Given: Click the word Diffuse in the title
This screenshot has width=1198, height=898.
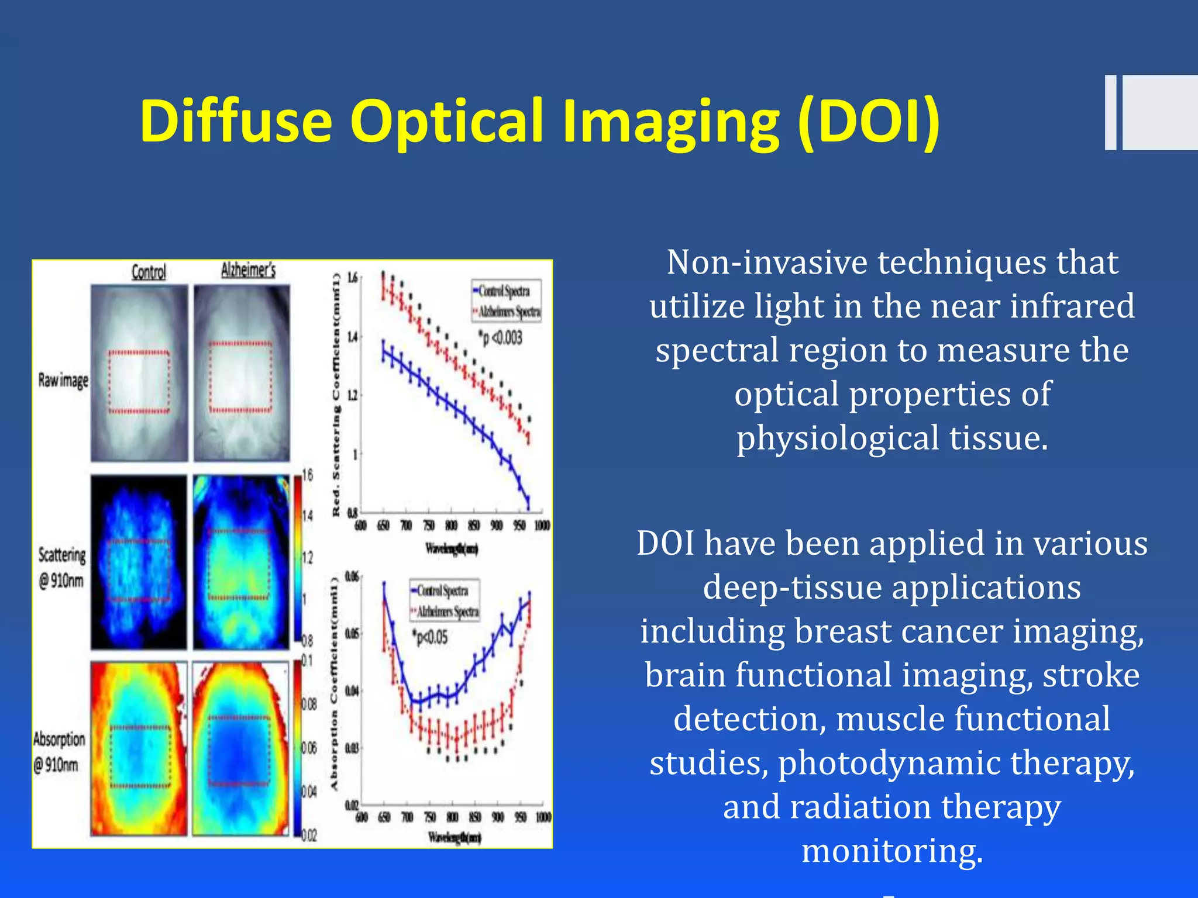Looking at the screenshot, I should click(x=236, y=121).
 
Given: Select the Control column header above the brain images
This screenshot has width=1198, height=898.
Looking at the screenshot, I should click(x=149, y=272).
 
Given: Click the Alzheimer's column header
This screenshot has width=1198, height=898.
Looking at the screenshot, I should click(x=248, y=270).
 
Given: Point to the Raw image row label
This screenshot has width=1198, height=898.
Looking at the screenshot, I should click(x=63, y=380).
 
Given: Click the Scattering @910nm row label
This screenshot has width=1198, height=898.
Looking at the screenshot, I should click(x=61, y=567).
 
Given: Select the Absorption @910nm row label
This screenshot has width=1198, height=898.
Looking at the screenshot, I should click(x=58, y=751).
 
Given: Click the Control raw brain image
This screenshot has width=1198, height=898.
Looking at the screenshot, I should click(x=139, y=373).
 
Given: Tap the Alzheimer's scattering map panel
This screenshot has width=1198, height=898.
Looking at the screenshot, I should click(x=241, y=562).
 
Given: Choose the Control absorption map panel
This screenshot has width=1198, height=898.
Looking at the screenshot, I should click(x=139, y=748).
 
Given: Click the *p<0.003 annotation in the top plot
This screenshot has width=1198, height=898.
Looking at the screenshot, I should click(x=500, y=338).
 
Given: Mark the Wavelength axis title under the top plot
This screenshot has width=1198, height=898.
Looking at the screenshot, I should click(x=452, y=548).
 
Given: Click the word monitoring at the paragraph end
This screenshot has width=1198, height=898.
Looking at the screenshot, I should click(x=891, y=851).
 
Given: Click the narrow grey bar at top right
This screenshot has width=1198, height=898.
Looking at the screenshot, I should click(x=1110, y=112).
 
